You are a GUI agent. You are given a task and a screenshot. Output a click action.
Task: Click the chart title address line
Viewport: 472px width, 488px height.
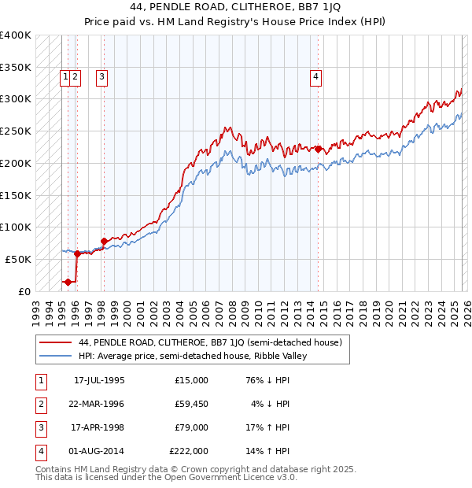pyautogui.click(x=235, y=6)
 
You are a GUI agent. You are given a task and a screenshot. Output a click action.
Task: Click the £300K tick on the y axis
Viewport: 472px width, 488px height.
pyautogui.click(x=16, y=99)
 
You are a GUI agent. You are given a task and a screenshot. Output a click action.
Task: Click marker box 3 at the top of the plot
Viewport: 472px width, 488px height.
pyautogui.click(x=102, y=77)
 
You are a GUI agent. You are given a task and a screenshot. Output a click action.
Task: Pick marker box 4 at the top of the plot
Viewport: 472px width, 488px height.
pyautogui.click(x=315, y=77)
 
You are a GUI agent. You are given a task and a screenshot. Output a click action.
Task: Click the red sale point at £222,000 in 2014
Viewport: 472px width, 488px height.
pyautogui.click(x=318, y=149)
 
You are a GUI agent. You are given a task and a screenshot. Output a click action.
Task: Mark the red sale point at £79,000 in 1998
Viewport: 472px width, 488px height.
pyautogui.click(x=104, y=241)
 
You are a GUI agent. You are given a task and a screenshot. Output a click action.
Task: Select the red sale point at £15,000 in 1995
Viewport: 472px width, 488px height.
pyautogui.click(x=68, y=282)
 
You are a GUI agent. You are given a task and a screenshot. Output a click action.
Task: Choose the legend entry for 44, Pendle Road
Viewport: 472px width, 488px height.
pyautogui.click(x=210, y=343)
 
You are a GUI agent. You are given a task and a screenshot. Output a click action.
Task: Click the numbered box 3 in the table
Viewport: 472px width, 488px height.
pyautogui.click(x=40, y=427)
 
